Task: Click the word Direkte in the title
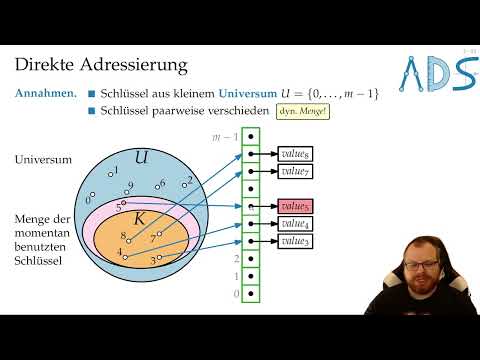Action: [x=45, y=67]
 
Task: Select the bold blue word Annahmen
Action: [x=46, y=93]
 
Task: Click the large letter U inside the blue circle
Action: [x=141, y=157]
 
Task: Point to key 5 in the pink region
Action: [x=119, y=208]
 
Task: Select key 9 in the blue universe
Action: [x=130, y=187]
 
